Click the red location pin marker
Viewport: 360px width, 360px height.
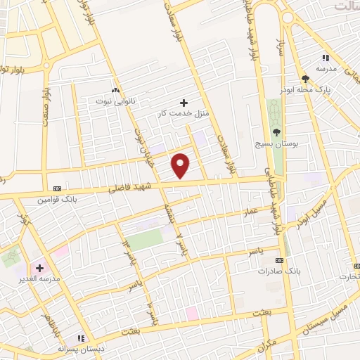click(x=181, y=165)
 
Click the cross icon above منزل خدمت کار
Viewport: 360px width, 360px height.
click(x=184, y=103)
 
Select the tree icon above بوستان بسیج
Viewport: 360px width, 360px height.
click(x=276, y=131)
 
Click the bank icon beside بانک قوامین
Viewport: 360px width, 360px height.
click(x=57, y=188)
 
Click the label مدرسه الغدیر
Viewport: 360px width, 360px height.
click(x=39, y=279)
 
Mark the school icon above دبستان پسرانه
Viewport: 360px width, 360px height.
click(x=82, y=338)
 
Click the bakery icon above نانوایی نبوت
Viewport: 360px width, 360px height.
click(x=115, y=90)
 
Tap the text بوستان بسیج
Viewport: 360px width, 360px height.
click(x=276, y=143)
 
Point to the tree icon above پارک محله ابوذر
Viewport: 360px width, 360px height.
click(x=305, y=79)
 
